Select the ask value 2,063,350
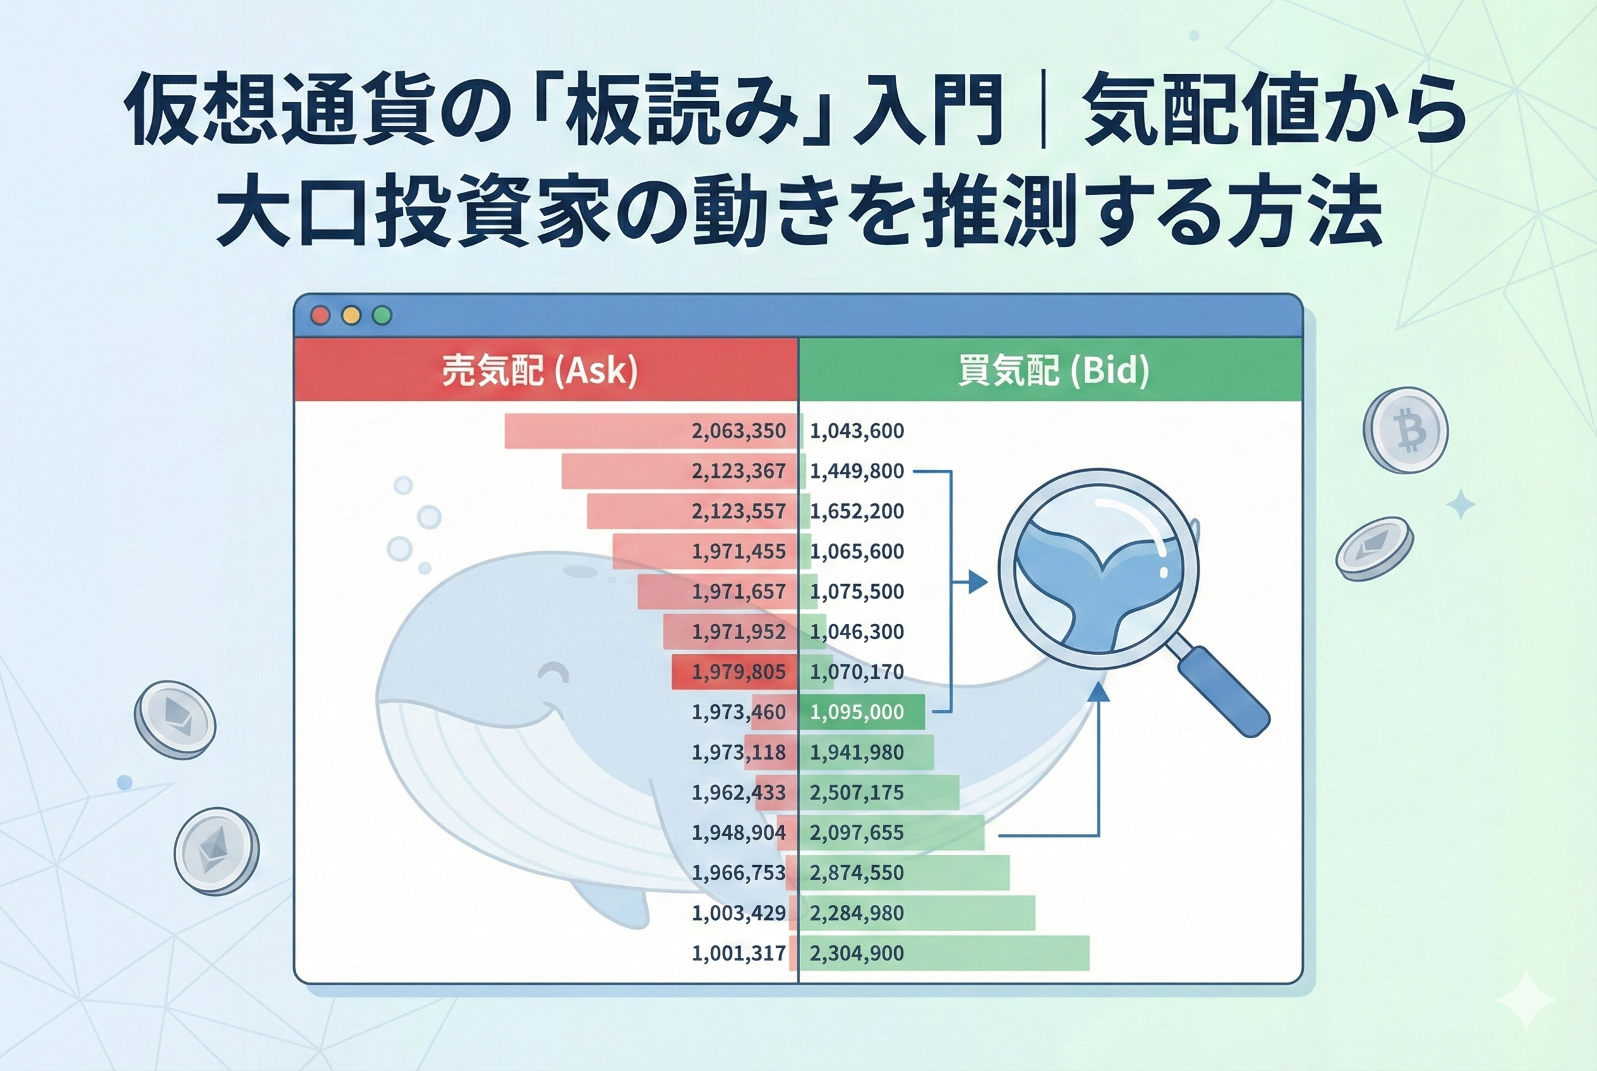[x=738, y=431]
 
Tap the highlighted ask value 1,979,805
[x=738, y=672]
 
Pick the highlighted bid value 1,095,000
[x=857, y=712]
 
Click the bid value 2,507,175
[x=857, y=793]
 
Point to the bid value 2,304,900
[x=857, y=954]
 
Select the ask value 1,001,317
[x=738, y=954]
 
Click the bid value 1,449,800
[x=857, y=471]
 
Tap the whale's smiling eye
[x=553, y=672]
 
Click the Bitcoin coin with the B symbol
[x=1406, y=430]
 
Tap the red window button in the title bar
[x=320, y=316]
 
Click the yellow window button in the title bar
[x=351, y=316]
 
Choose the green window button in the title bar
[x=382, y=316]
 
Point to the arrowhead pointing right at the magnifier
[x=979, y=583]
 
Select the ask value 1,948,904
[x=738, y=833]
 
